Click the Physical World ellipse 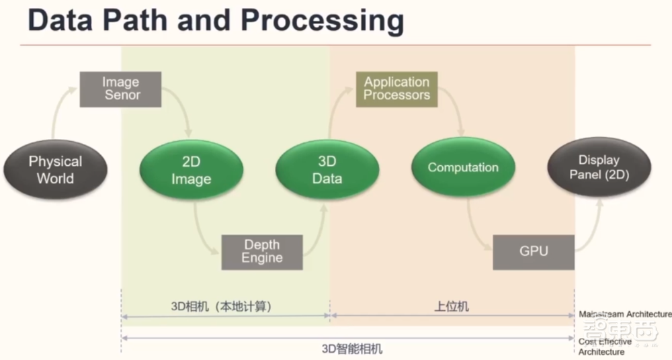click(55, 170)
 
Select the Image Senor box click(121, 89)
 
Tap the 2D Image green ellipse click(191, 171)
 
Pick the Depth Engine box click(262, 252)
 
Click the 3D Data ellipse click(327, 170)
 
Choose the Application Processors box click(396, 89)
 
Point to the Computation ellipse click(463, 168)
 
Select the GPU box click(534, 252)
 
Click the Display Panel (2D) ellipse click(599, 168)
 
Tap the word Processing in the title click(322, 21)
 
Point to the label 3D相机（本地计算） click(224, 306)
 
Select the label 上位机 click(452, 306)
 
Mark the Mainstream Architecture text click(625, 314)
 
